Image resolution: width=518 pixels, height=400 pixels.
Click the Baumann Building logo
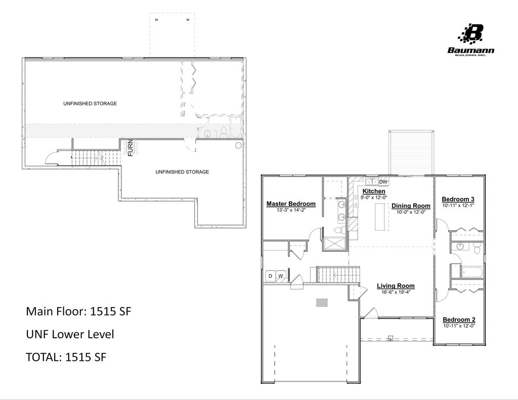(471, 39)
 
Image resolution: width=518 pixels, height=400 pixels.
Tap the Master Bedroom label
(291, 204)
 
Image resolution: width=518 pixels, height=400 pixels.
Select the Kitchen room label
(374, 191)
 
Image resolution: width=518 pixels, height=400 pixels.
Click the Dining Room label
(411, 206)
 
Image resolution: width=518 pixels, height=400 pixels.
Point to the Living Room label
(396, 286)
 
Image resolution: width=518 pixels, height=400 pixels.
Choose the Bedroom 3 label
(458, 199)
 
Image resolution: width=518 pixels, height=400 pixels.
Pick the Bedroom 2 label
(459, 320)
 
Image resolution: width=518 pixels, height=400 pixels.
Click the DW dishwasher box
(383, 182)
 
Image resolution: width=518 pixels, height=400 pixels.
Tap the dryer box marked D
(271, 276)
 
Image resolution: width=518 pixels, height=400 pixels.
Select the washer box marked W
(281, 276)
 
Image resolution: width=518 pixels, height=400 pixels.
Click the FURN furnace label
(131, 148)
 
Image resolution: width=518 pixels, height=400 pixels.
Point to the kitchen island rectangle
(381, 217)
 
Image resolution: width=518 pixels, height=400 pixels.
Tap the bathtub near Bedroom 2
(472, 272)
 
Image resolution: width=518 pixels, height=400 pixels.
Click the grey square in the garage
(322, 302)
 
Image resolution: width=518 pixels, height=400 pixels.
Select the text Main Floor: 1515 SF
(78, 311)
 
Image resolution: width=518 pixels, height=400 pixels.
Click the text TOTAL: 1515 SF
(66, 357)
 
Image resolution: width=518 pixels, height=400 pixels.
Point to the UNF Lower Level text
(70, 334)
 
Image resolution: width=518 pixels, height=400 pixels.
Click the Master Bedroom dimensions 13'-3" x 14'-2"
(291, 210)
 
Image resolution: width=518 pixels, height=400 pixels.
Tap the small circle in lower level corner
(238, 145)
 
